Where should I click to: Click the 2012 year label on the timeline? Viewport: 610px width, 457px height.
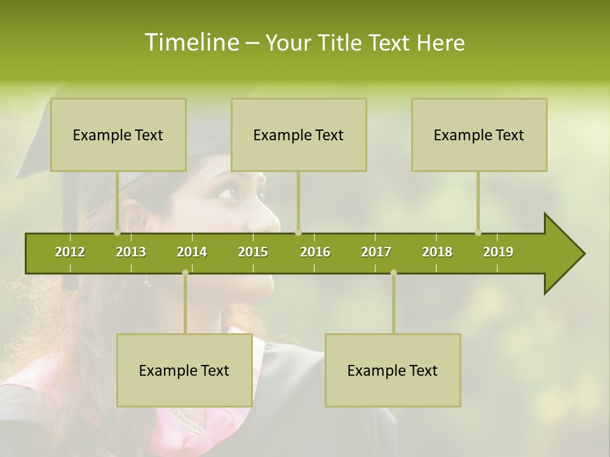point(70,252)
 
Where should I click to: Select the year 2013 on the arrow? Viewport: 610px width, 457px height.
point(131,252)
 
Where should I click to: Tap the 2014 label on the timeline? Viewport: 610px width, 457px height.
point(192,252)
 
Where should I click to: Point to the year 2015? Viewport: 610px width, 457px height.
point(253,252)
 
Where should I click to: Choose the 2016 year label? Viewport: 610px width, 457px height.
point(315,252)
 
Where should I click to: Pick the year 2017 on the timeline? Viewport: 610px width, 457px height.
point(376,252)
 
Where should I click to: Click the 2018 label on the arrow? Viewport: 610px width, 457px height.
point(437,252)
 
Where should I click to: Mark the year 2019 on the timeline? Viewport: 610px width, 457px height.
point(498,252)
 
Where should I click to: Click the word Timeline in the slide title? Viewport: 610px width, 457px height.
point(191,43)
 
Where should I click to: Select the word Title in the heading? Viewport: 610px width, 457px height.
point(339,43)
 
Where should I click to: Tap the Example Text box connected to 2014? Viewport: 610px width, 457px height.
point(184,370)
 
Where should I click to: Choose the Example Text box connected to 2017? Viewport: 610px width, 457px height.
point(393,370)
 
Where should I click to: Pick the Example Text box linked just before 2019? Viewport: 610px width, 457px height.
point(479,135)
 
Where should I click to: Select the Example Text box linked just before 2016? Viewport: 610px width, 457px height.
point(299,135)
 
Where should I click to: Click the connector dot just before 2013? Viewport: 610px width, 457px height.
point(117,232)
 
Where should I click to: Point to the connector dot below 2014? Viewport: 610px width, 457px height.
point(185,272)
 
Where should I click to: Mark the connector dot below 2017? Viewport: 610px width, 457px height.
point(393,272)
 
